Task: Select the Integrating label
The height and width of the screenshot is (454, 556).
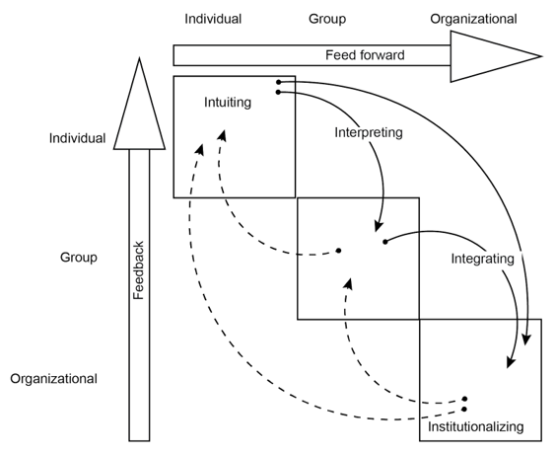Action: (x=482, y=260)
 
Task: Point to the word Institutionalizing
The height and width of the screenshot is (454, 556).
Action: (x=476, y=428)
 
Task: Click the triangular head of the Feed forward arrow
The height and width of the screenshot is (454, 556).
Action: (x=493, y=55)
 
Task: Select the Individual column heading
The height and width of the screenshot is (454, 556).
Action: (x=213, y=18)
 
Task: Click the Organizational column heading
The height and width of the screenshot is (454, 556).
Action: (x=473, y=18)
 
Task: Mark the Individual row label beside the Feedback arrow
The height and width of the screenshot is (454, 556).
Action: (x=77, y=138)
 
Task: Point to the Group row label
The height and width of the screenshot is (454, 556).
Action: (x=78, y=258)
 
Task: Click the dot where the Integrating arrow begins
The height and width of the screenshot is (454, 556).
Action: (x=384, y=241)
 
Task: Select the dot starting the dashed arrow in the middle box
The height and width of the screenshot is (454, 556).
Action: (x=339, y=251)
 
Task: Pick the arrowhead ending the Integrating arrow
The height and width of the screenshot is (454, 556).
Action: (x=511, y=362)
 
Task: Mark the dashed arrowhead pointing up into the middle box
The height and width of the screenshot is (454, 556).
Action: (x=345, y=282)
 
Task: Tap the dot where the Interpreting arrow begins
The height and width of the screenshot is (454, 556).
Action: (x=280, y=92)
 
